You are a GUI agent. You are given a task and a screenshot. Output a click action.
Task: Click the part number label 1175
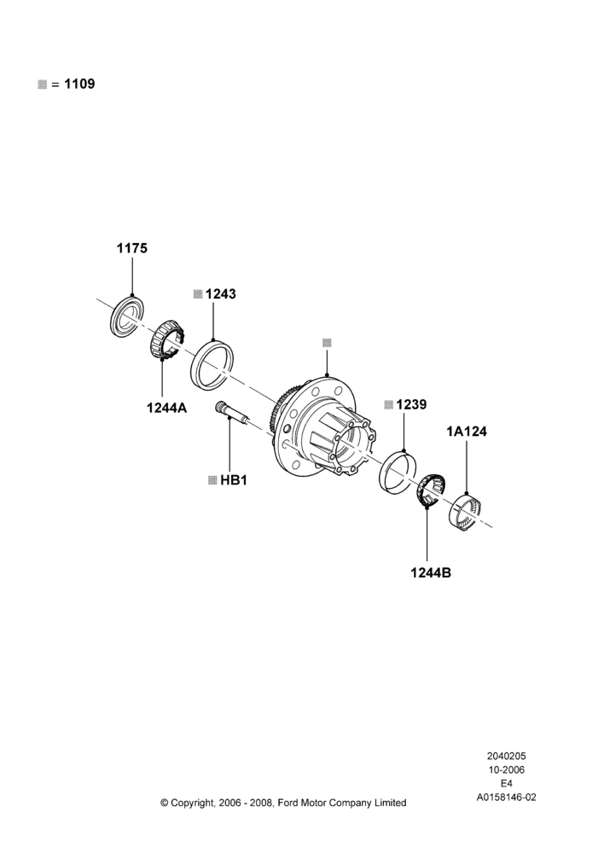(131, 248)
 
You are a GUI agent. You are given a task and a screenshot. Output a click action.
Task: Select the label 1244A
(166, 407)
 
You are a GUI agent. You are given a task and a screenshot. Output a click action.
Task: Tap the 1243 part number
(221, 293)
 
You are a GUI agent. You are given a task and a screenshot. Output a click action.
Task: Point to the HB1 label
(234, 480)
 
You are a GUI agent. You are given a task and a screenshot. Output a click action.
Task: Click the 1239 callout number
(411, 404)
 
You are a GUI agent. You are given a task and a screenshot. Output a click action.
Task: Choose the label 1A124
(467, 432)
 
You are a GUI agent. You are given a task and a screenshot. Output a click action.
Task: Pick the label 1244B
(431, 573)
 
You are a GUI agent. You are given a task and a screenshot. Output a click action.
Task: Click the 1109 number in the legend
(79, 84)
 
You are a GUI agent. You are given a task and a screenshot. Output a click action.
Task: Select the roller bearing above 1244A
(167, 339)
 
